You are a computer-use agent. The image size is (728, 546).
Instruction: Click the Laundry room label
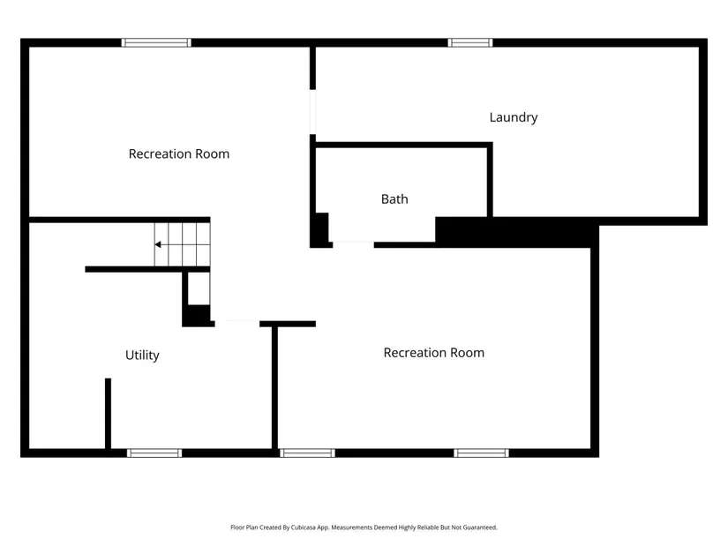point(514,117)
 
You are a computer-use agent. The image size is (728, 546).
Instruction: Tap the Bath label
point(394,199)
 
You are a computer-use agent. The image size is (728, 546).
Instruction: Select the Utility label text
point(143,355)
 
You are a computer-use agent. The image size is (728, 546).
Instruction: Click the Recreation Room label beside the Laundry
point(179,153)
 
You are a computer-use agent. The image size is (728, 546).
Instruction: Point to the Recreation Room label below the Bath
point(433,353)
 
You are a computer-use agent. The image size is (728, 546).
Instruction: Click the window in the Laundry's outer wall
point(469,42)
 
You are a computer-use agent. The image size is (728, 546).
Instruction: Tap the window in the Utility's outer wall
point(154,453)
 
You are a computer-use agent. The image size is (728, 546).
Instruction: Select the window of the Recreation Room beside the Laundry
point(156,42)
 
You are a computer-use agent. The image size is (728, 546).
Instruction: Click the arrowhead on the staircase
point(158,244)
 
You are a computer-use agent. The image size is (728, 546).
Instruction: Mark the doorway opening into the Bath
point(353,244)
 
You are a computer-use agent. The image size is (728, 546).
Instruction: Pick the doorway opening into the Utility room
point(236,324)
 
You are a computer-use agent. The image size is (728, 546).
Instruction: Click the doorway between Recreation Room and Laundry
point(313,112)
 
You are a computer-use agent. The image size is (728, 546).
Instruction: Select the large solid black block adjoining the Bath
point(517,232)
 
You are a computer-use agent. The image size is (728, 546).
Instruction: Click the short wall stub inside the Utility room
point(108,414)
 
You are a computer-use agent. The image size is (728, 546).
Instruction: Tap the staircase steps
point(183,244)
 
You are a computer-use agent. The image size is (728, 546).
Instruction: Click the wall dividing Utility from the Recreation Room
point(274,388)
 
